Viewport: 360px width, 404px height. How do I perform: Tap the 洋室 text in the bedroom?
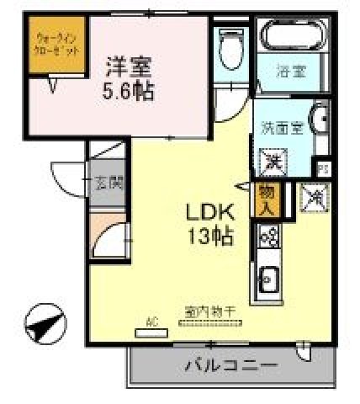pos(130,64)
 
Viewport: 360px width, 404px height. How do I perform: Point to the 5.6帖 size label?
pos(130,90)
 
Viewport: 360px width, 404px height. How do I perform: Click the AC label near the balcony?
pos(152,321)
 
